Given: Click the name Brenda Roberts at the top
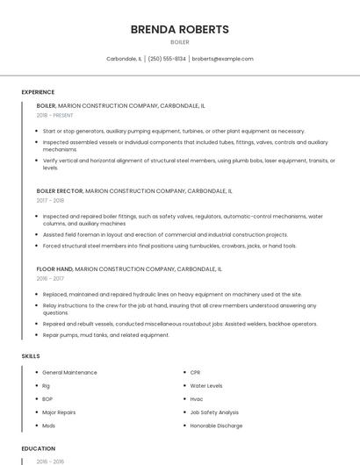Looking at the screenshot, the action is point(179,29).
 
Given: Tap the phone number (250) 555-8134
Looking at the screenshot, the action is point(167,59).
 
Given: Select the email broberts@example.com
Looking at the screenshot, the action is point(222,59).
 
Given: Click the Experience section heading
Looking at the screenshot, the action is point(38,92).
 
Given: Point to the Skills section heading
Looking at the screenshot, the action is point(31,356).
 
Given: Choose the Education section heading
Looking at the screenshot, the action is point(37,448).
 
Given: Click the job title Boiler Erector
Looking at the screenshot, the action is point(59,190).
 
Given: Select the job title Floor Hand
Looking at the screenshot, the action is point(54,269).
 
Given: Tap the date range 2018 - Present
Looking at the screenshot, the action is point(54,115).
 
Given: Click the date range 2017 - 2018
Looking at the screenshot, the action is point(50,200).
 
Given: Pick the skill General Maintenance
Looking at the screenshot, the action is point(69,373).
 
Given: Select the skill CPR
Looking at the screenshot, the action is point(196,373).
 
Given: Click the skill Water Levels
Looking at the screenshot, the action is point(206,386).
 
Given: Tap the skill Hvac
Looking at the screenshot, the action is point(197,399).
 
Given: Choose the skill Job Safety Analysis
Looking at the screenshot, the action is point(214,412).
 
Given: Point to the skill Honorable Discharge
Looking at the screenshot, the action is point(216,426).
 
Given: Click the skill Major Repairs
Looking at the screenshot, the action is point(59,412).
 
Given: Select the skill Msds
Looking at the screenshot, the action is point(48,426).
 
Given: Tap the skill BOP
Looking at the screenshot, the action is point(47,399).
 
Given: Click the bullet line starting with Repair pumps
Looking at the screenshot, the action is point(105,335).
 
